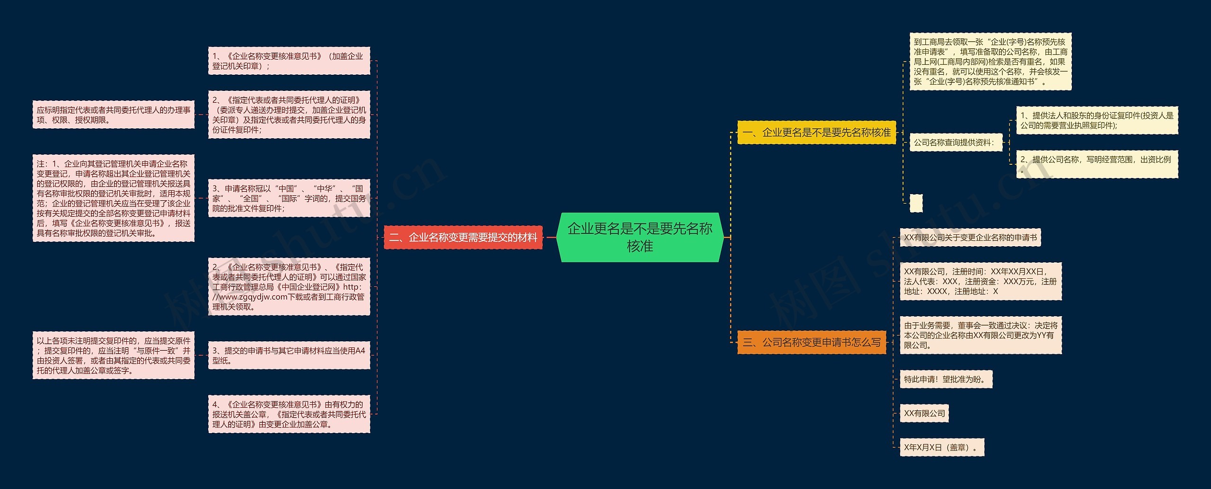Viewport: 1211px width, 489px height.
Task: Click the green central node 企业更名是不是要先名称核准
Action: pyautogui.click(x=640, y=237)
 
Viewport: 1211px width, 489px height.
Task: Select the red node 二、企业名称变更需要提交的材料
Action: pyautogui.click(x=463, y=237)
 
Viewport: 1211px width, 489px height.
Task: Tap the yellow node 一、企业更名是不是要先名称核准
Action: pyautogui.click(x=816, y=133)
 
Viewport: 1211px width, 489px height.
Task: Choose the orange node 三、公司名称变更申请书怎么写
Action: pyautogui.click(x=811, y=342)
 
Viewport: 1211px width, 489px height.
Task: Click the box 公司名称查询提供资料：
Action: pyautogui.click(x=956, y=142)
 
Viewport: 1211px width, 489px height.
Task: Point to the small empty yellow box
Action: pyautogui.click(x=916, y=203)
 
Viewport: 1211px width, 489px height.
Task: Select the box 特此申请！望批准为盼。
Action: pyautogui.click(x=946, y=379)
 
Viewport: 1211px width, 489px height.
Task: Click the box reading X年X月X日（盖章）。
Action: pyautogui.click(x=941, y=447)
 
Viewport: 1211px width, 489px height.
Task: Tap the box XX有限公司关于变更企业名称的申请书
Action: pyautogui.click(x=970, y=238)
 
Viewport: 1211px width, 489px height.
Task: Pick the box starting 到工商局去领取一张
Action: pyautogui.click(x=990, y=62)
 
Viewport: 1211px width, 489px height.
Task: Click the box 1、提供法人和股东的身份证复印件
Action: pyautogui.click(x=1097, y=120)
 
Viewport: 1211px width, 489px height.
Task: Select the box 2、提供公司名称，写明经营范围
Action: pyautogui.click(x=1097, y=164)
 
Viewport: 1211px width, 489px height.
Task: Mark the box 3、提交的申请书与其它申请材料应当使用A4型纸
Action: pyautogui.click(x=289, y=356)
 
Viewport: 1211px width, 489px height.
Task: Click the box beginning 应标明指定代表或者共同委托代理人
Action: pyautogui.click(x=114, y=115)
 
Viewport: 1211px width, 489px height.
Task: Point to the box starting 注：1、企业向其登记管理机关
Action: pyautogui.click(x=114, y=198)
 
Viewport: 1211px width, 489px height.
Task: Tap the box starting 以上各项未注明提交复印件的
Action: pyautogui.click(x=114, y=356)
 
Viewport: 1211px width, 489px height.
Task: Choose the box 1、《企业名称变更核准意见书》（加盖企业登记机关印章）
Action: pyautogui.click(x=289, y=61)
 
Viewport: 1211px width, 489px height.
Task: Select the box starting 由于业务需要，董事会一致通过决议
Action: pyautogui.click(x=980, y=335)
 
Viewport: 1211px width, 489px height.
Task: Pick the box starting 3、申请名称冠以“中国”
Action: pyautogui.click(x=289, y=198)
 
